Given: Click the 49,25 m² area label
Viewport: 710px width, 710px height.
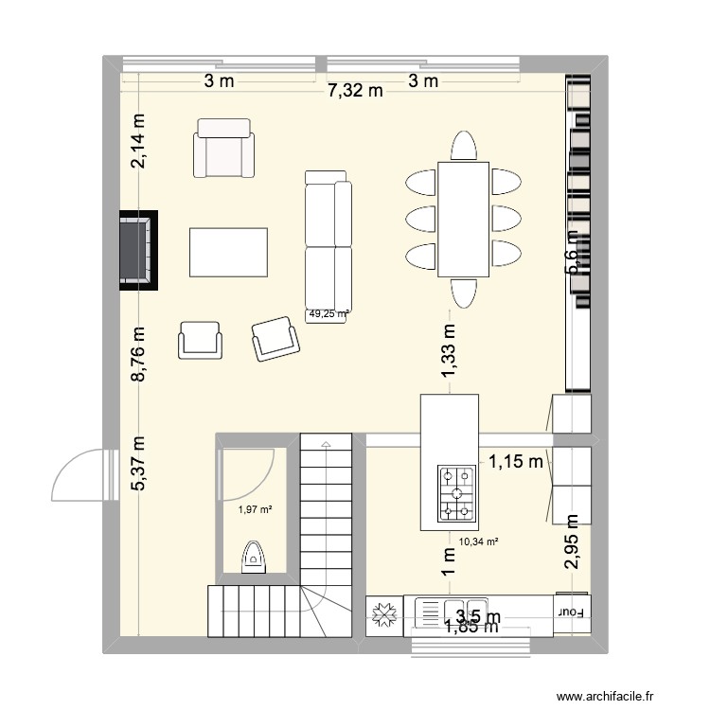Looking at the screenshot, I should coord(328,315).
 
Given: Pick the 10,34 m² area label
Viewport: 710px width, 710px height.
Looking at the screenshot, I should coord(478,542).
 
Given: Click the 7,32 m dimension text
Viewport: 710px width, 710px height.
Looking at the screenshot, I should coord(355,91).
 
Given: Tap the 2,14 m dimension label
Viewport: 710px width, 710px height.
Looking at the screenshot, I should coord(140,142).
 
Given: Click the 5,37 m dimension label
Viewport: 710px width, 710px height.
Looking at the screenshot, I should coord(140,463).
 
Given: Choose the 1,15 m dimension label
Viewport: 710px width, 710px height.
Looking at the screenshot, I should coord(515,462).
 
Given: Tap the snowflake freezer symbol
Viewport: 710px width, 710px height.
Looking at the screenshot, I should coord(385,614).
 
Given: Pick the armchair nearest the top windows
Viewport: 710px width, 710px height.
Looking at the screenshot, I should coord(224,149).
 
